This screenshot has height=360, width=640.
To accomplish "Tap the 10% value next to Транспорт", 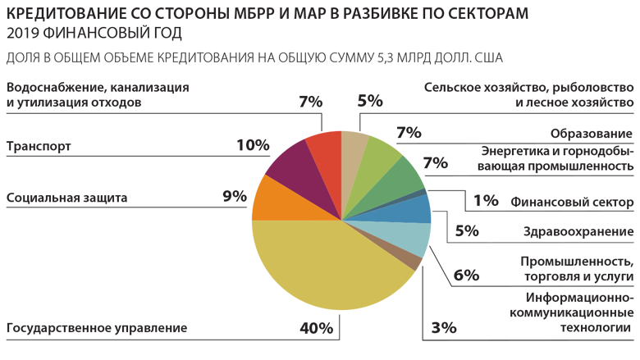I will coord(253,145).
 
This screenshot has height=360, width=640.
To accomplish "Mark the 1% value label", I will coord(486,201).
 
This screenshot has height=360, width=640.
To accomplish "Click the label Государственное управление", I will coord(97,329).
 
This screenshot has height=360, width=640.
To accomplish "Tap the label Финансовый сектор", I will coord(572,202).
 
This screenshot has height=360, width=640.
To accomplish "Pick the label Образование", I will coord(591,134).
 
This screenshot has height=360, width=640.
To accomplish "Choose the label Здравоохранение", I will coord(578,232).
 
